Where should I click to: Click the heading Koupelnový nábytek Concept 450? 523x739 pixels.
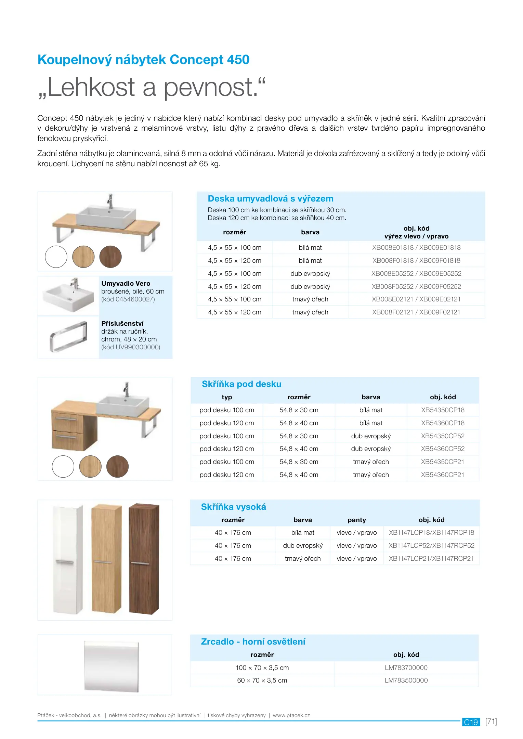click(143, 60)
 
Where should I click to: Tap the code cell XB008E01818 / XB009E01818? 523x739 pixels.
click(416, 248)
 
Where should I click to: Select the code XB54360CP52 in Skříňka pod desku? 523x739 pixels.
click(443, 449)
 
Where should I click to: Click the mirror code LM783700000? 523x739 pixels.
click(406, 668)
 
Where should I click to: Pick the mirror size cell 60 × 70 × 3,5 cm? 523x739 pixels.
click(262, 680)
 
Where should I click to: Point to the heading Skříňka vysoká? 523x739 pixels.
click(233, 507)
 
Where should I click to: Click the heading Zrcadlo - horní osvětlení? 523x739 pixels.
click(253, 642)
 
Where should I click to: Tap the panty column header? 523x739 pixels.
click(357, 520)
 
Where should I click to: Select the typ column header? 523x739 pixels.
click(227, 397)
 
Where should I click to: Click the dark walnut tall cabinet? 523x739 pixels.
click(144, 559)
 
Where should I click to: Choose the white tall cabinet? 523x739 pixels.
click(68, 560)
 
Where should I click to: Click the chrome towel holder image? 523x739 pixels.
click(68, 337)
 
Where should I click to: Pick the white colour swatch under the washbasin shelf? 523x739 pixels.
click(56, 257)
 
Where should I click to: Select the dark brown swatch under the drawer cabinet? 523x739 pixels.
click(117, 467)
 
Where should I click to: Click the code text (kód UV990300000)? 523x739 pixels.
click(131, 347)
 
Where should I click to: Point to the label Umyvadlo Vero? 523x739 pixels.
click(126, 284)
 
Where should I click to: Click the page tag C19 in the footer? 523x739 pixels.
click(471, 722)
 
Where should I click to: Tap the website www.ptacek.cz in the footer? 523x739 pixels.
click(291, 715)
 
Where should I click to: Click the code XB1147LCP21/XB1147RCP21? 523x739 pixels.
click(431, 559)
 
